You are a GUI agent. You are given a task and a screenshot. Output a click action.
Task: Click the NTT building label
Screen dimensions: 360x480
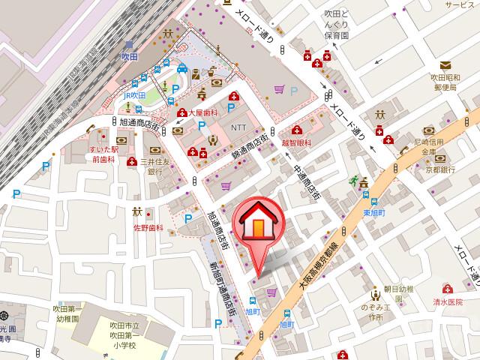coord(238,126)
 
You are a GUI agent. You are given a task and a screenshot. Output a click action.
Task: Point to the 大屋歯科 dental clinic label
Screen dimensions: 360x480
coord(201,112)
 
